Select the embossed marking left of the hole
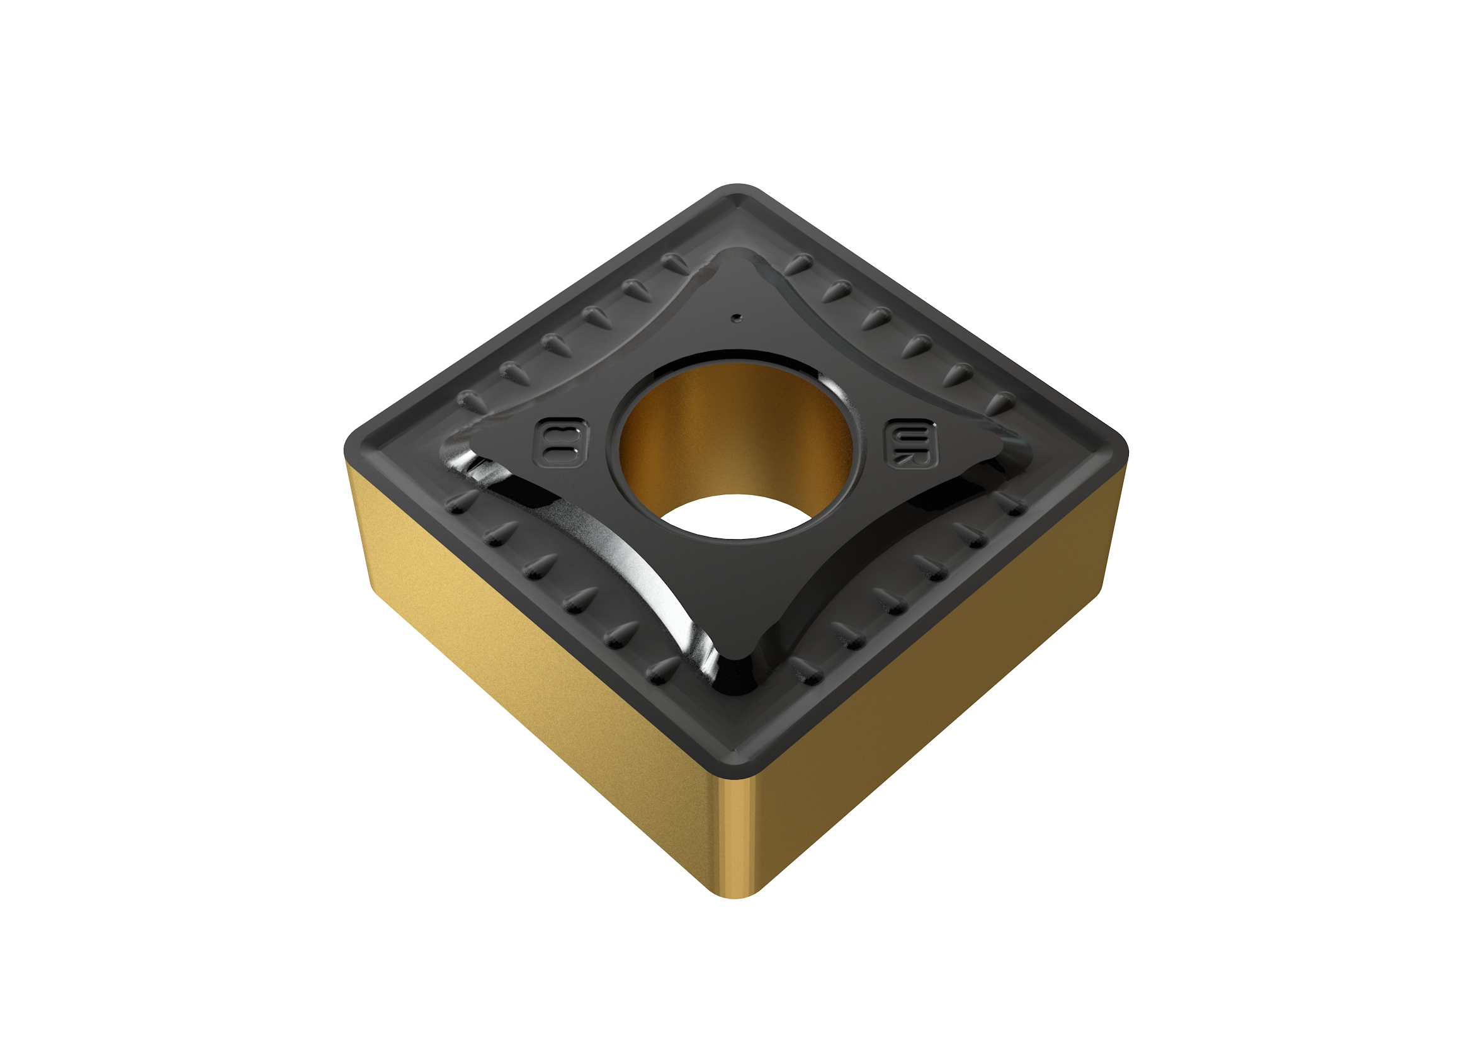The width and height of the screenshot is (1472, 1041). (x=561, y=443)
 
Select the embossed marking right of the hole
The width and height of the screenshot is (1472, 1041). (x=911, y=443)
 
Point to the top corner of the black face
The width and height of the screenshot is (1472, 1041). (x=737, y=193)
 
